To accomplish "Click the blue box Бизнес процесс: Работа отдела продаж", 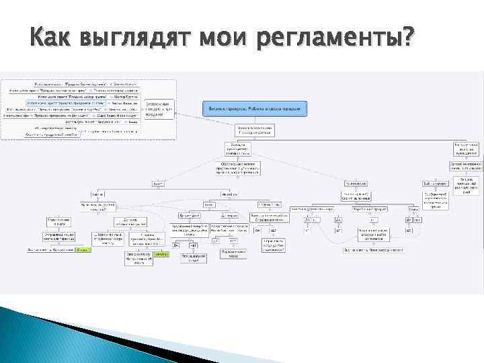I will pyautogui.click(x=255, y=107).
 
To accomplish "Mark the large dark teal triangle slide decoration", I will pyautogui.click(x=47, y=336).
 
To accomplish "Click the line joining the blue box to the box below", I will pyautogui.click(x=255, y=119).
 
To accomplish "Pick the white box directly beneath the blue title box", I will pyautogui.click(x=255, y=130).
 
